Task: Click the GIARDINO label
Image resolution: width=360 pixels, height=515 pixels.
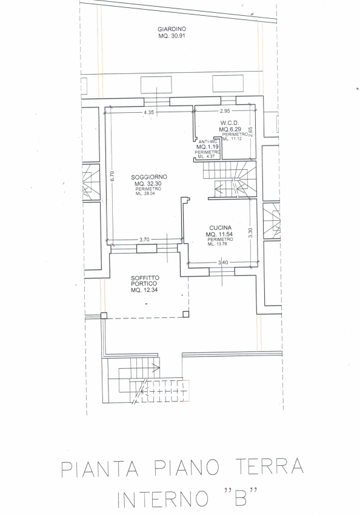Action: (172, 29)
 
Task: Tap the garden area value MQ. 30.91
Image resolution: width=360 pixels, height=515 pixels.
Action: (172, 36)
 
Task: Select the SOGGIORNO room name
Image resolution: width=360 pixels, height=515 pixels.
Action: (149, 177)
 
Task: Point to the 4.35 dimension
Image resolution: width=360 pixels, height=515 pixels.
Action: (148, 112)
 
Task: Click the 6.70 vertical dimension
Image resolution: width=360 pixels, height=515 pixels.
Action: (112, 177)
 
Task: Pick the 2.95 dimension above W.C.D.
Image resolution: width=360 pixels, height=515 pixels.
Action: (225, 111)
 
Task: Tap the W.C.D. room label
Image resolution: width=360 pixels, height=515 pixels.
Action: (227, 124)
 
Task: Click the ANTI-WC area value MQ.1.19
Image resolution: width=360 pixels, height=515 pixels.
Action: (205, 146)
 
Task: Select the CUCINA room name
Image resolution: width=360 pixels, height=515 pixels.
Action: (220, 227)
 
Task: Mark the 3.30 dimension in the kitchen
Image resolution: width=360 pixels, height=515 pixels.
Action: (250, 233)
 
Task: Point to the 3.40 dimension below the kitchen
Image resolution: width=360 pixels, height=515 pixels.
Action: (223, 263)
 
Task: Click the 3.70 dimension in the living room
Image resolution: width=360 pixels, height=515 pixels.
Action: (144, 240)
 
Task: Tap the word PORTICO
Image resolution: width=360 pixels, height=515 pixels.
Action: (144, 284)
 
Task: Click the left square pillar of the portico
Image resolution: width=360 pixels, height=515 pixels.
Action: (104, 315)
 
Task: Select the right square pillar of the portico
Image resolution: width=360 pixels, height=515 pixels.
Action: (186, 314)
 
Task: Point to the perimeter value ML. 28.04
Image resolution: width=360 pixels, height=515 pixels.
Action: (145, 194)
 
